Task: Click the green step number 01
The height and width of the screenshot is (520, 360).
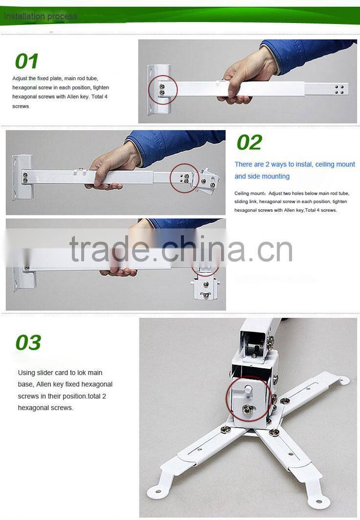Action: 26,62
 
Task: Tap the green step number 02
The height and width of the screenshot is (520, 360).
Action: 249,142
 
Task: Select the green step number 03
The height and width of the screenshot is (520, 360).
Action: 28,343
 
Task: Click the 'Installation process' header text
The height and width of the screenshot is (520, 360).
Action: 41,16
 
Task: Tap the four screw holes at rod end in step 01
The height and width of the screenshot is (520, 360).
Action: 339,90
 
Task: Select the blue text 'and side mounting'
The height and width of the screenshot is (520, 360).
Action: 262,176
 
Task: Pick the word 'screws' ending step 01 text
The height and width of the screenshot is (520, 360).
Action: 21,106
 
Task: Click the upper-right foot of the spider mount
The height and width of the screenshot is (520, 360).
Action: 343,379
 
